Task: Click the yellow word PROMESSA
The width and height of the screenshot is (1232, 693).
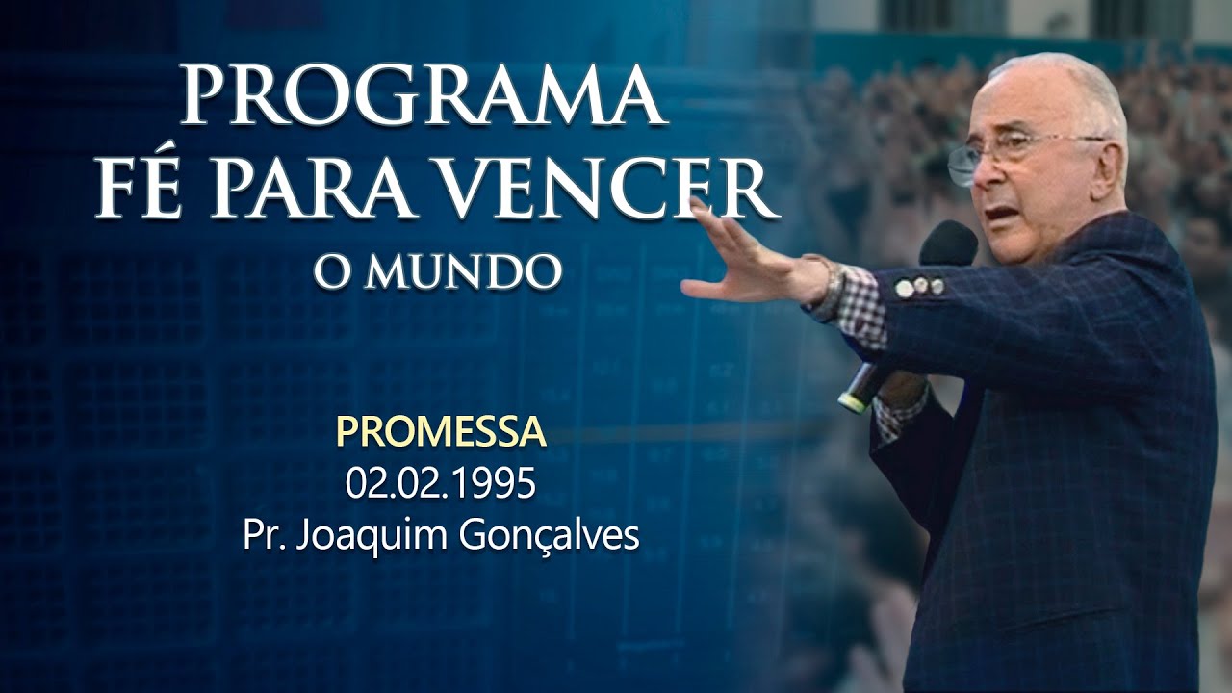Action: [x=442, y=434]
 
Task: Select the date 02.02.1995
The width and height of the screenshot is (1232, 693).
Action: [x=442, y=484]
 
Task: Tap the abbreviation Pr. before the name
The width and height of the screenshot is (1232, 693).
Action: [x=265, y=535]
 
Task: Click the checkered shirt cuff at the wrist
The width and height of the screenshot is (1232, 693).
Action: [x=860, y=306]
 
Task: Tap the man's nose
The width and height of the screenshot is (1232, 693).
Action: [x=984, y=173]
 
